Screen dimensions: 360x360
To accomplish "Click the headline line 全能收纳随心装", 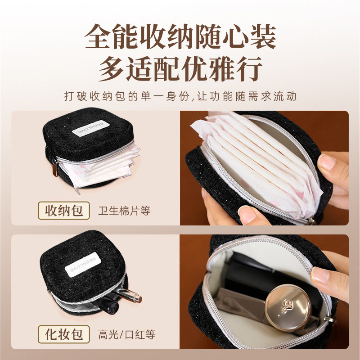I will [180, 36].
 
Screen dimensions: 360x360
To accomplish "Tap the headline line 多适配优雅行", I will [180, 69].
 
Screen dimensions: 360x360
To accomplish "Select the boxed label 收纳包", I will [64, 210].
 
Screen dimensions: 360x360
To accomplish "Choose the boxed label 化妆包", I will [64, 334].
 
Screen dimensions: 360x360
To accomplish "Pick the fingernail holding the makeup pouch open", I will [320, 274].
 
